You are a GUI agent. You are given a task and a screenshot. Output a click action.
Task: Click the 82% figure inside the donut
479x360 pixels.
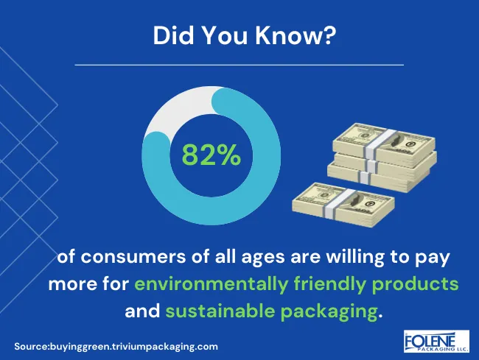pos(211,155)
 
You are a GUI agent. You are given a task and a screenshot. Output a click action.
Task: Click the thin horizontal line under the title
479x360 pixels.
pos(239,65)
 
